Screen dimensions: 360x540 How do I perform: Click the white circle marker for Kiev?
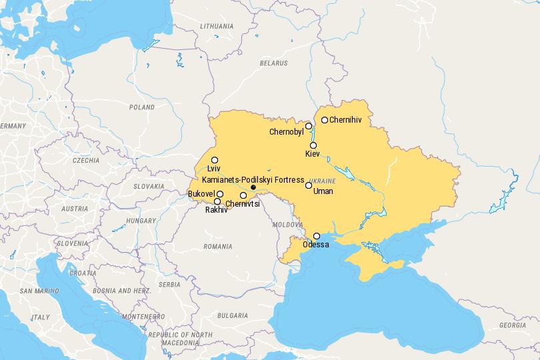(313, 145)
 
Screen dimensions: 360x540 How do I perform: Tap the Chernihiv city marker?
(325, 120)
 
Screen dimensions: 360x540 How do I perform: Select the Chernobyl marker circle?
(309, 125)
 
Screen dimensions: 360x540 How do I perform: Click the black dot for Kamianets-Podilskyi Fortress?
(253, 188)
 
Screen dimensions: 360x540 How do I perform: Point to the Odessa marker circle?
(317, 236)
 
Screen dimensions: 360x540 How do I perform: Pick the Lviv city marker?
(215, 160)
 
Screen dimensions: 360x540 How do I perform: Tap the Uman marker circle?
(309, 185)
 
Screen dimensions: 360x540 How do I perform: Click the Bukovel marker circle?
(220, 193)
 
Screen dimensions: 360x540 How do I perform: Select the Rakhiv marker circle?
(217, 201)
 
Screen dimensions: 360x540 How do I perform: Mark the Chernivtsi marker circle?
(243, 195)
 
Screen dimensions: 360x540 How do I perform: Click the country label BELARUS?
(274, 63)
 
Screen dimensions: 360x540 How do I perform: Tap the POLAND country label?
(141, 107)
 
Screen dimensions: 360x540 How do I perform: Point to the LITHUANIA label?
(217, 26)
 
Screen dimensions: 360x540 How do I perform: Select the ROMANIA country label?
(218, 246)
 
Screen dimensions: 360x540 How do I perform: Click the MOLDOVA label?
(289, 225)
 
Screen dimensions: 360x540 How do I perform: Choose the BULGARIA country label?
(232, 315)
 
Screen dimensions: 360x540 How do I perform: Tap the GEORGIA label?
(511, 325)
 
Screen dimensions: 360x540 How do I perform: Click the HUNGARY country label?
(141, 220)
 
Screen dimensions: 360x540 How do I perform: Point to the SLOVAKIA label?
(149, 187)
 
